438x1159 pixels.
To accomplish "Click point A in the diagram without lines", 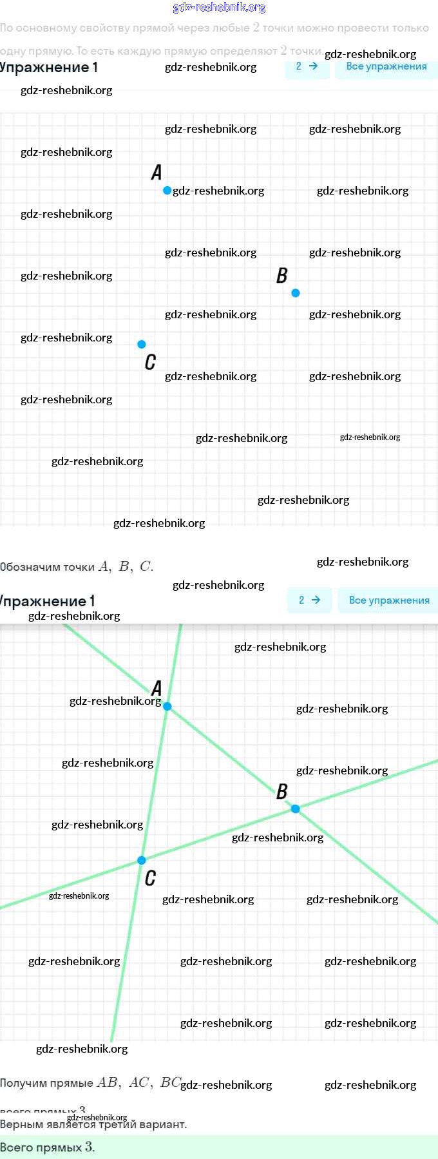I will pos(167,190).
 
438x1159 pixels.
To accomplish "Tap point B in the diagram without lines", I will pos(296,293).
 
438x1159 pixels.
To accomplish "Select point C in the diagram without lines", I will pos(142,344).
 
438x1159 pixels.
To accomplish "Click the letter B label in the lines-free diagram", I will pos(282,276).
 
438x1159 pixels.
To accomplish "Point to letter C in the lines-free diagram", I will pos(150,362).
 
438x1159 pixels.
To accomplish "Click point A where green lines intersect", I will pos(167,706).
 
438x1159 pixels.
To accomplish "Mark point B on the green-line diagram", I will pos(296,809).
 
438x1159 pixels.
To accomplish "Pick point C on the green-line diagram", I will pos(142,860).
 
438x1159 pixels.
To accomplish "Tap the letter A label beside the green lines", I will pos(157,688).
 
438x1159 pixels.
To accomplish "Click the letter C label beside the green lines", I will pos(150,878).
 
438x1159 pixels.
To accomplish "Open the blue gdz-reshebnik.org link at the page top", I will pos(219,8).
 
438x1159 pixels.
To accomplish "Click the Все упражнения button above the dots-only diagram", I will pos(386,66).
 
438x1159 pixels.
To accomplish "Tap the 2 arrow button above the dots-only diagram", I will pos(307,66).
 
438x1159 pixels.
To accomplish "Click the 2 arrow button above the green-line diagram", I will pos(310,600).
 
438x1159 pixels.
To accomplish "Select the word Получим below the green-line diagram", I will pos(23,1083).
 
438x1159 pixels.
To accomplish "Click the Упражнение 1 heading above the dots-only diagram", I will pos(49,68).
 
